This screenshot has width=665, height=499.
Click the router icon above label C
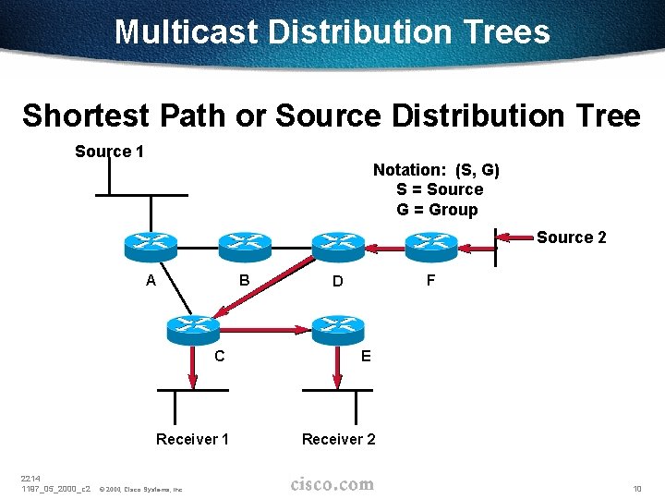tap(191, 328)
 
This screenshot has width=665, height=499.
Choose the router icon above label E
tap(338, 328)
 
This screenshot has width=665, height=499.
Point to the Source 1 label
tap(109, 152)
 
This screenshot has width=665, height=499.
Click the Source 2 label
tap(572, 237)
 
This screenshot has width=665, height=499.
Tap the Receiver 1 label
tap(192, 439)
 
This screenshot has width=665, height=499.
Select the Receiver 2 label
tap(339, 439)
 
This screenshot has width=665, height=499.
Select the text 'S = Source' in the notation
tap(440, 189)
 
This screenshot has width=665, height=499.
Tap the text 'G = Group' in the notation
tap(437, 210)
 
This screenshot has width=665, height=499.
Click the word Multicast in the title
tap(187, 32)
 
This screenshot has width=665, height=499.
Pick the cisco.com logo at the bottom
tap(332, 484)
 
